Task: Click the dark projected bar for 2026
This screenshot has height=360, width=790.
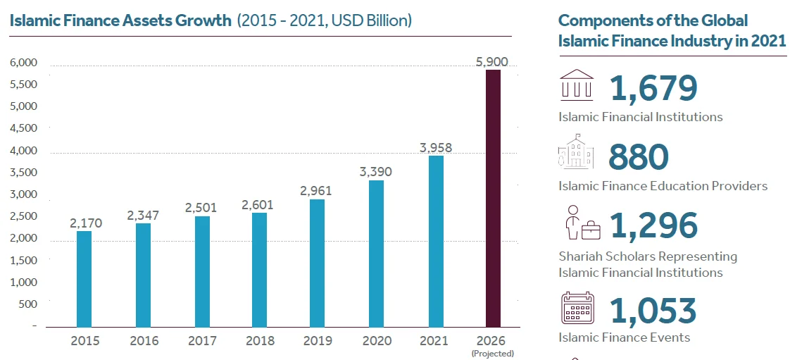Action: point(493,199)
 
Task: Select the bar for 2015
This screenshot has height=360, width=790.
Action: point(84,279)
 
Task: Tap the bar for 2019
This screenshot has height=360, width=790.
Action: point(318,263)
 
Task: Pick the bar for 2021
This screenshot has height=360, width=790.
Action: point(436,242)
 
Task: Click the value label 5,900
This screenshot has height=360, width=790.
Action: point(492,62)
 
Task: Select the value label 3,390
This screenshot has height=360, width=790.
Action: point(376,172)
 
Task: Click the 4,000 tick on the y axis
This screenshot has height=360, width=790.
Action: point(24,151)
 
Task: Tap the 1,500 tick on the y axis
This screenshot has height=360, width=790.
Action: point(24,261)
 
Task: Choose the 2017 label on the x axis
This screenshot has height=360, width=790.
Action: point(202,341)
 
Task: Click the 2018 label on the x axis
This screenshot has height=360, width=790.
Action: point(260,341)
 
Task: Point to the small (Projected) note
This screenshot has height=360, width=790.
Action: point(492,354)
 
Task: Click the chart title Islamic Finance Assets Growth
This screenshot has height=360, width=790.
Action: point(120,20)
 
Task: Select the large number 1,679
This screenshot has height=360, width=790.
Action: point(653,88)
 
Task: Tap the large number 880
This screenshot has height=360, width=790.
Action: point(638,157)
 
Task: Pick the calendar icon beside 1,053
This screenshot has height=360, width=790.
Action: point(577,307)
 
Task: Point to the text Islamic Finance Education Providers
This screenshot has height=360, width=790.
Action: point(663,186)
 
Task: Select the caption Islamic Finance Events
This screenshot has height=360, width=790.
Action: point(624,337)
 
